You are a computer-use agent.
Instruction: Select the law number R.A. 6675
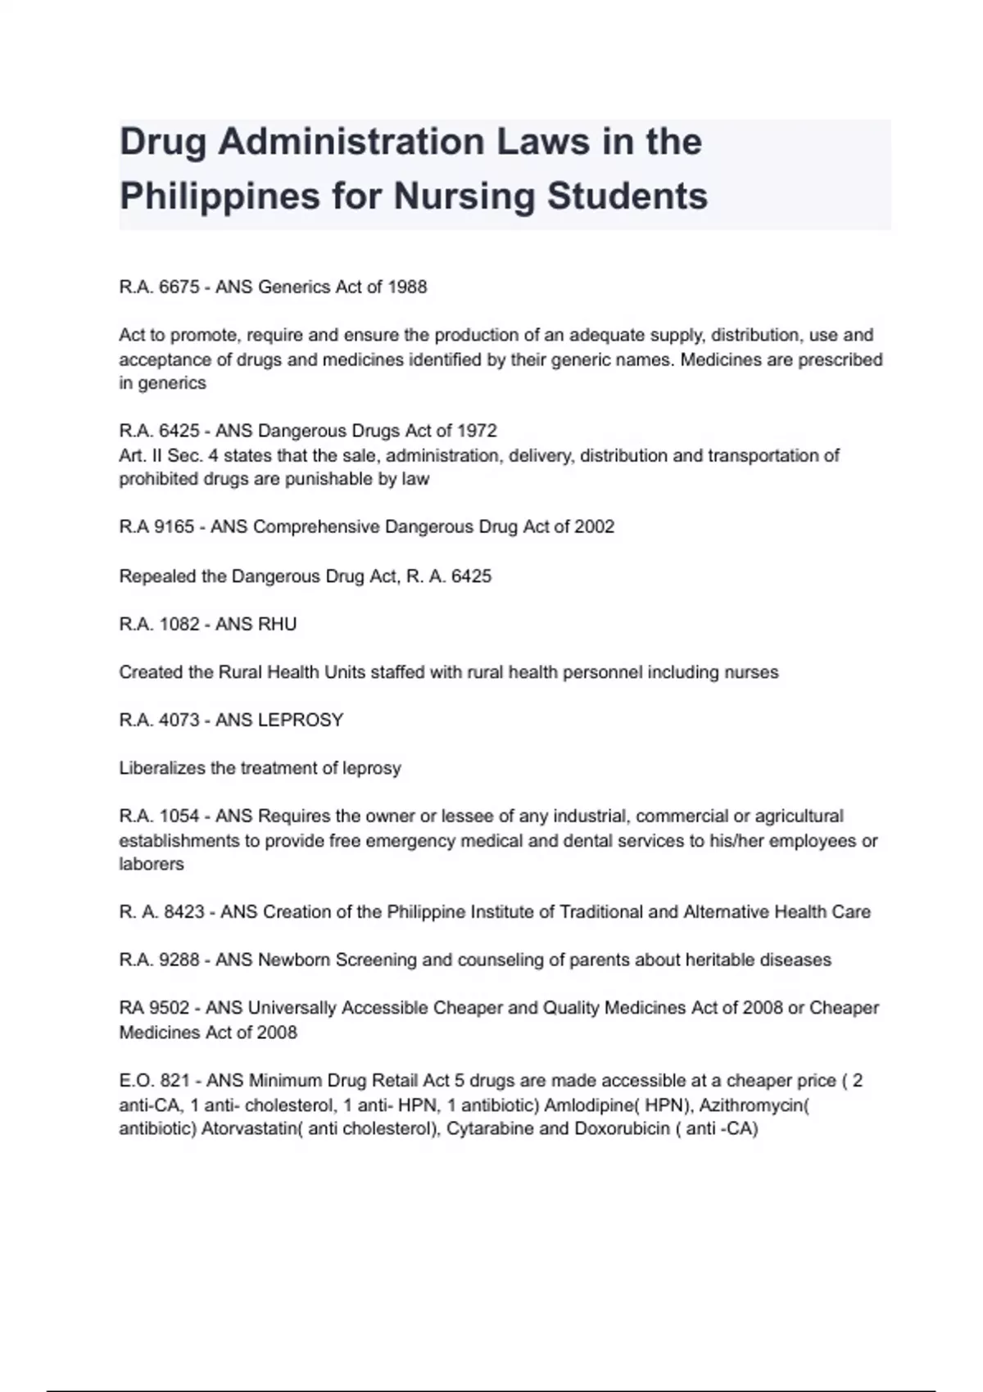(x=159, y=287)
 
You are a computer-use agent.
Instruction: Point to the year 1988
(x=407, y=287)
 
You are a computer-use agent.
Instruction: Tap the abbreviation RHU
(x=277, y=624)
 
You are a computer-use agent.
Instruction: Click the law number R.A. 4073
(x=159, y=720)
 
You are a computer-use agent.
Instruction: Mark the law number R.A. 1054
(x=159, y=816)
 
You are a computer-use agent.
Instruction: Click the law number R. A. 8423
(x=161, y=912)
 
